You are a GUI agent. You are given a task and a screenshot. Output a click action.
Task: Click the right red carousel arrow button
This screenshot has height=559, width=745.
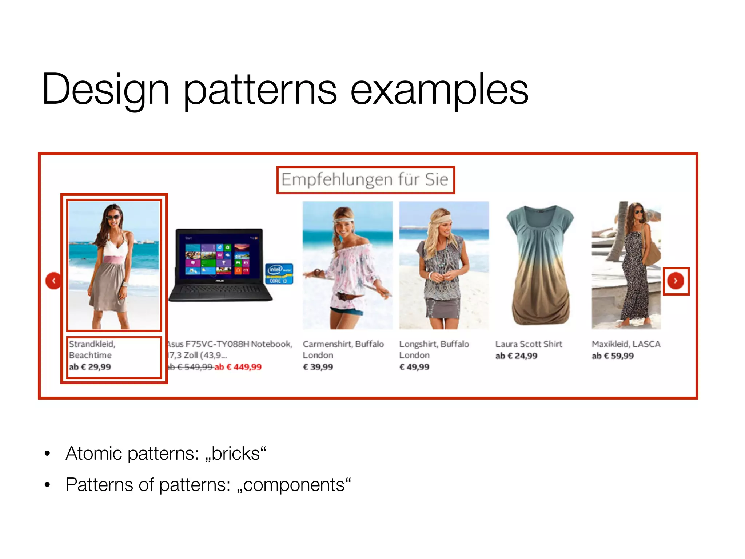(x=676, y=281)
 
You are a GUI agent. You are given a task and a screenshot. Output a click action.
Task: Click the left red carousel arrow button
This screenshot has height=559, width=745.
(x=53, y=281)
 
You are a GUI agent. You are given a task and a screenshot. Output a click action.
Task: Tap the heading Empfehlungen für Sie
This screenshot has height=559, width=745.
(x=365, y=180)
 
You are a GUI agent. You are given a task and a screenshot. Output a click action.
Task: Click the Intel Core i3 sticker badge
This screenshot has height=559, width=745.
(x=279, y=274)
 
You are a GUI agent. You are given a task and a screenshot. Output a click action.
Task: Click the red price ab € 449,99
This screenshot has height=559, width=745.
(x=238, y=367)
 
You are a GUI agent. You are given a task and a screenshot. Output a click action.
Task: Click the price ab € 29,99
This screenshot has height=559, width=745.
(x=90, y=367)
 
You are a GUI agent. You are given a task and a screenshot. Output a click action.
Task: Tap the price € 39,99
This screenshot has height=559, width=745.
(x=318, y=367)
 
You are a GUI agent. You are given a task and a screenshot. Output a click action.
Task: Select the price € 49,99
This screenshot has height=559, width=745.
(x=414, y=367)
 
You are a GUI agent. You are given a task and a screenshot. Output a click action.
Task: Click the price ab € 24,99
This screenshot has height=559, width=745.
(x=516, y=356)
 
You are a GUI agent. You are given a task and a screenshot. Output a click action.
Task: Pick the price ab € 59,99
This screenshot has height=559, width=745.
(x=613, y=356)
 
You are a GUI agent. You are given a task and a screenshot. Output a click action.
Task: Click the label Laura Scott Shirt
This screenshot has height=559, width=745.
(x=529, y=344)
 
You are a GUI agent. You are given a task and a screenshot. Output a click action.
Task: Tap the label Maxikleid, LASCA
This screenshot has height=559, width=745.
(x=626, y=344)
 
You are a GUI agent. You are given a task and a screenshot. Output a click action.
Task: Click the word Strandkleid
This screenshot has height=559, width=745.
(x=92, y=344)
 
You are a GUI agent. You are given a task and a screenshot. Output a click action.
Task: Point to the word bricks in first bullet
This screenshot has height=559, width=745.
(x=236, y=454)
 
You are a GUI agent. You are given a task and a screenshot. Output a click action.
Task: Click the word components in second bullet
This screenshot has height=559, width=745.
(x=294, y=485)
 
